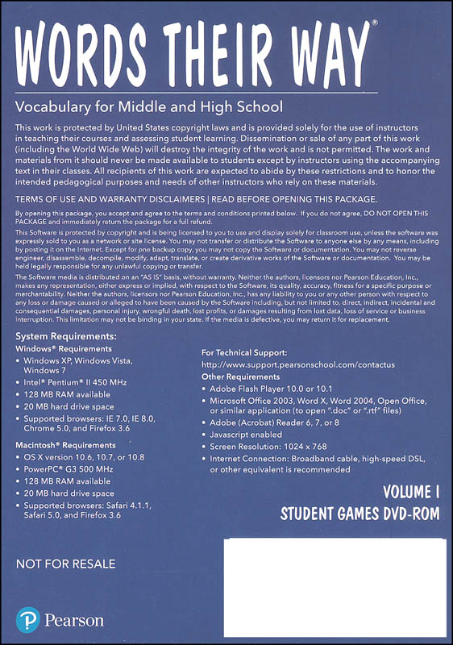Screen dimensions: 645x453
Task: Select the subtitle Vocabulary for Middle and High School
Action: (149, 106)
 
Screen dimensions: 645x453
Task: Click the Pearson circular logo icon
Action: (27, 620)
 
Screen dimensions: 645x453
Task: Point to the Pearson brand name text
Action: (73, 621)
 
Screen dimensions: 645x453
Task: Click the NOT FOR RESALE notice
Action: (65, 564)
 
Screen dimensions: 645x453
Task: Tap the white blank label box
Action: (334, 586)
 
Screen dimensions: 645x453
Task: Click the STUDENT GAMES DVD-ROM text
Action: (359, 514)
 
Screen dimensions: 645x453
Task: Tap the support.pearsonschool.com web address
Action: (297, 364)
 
